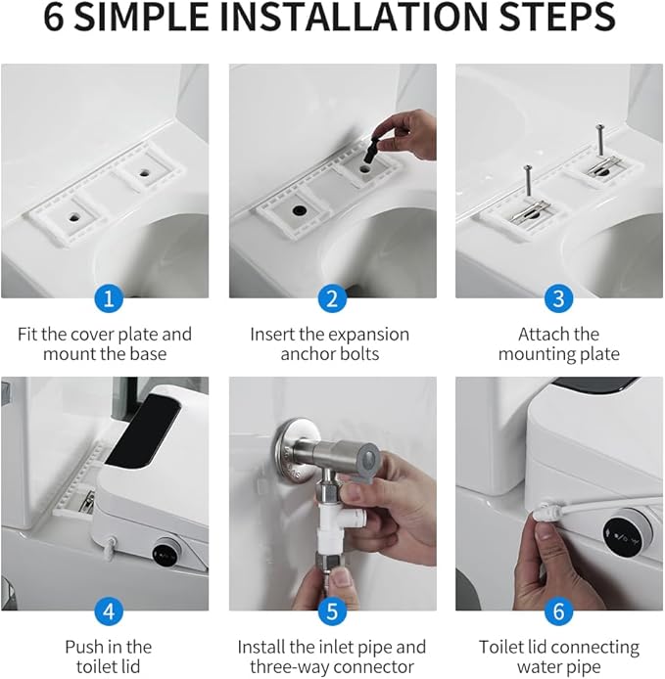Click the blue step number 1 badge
(x=109, y=298)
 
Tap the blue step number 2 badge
(x=332, y=298)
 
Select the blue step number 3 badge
(x=559, y=298)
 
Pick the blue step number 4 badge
(x=109, y=611)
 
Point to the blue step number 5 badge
(x=332, y=611)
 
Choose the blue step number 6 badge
(x=559, y=611)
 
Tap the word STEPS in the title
(x=557, y=17)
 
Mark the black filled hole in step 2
(x=299, y=210)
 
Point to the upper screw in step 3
(x=600, y=140)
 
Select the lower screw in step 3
(x=528, y=181)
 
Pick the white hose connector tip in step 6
(x=541, y=511)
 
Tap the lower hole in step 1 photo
(x=73, y=216)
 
